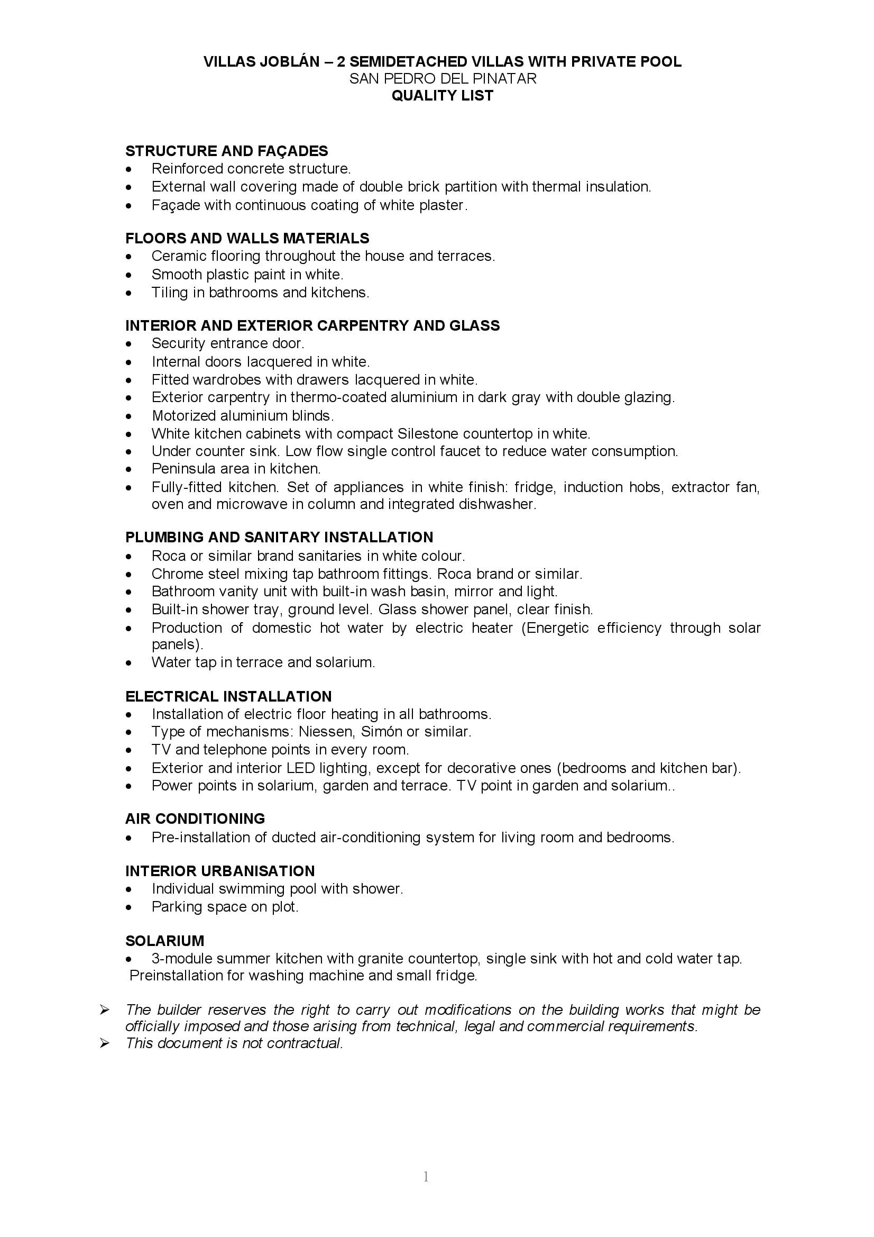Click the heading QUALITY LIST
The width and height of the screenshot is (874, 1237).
pyautogui.click(x=442, y=95)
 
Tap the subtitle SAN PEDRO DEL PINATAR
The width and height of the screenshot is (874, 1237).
pyautogui.click(x=443, y=79)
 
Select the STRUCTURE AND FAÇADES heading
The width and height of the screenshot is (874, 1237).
pyautogui.click(x=226, y=151)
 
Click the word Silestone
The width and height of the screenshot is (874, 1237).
pyautogui.click(x=428, y=433)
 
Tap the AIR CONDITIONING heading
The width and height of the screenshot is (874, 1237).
pyautogui.click(x=195, y=819)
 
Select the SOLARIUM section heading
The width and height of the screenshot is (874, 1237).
pyautogui.click(x=165, y=941)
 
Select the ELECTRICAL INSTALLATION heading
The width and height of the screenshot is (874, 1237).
pyautogui.click(x=228, y=696)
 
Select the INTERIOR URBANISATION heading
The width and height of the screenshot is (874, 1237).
pyautogui.click(x=220, y=871)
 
